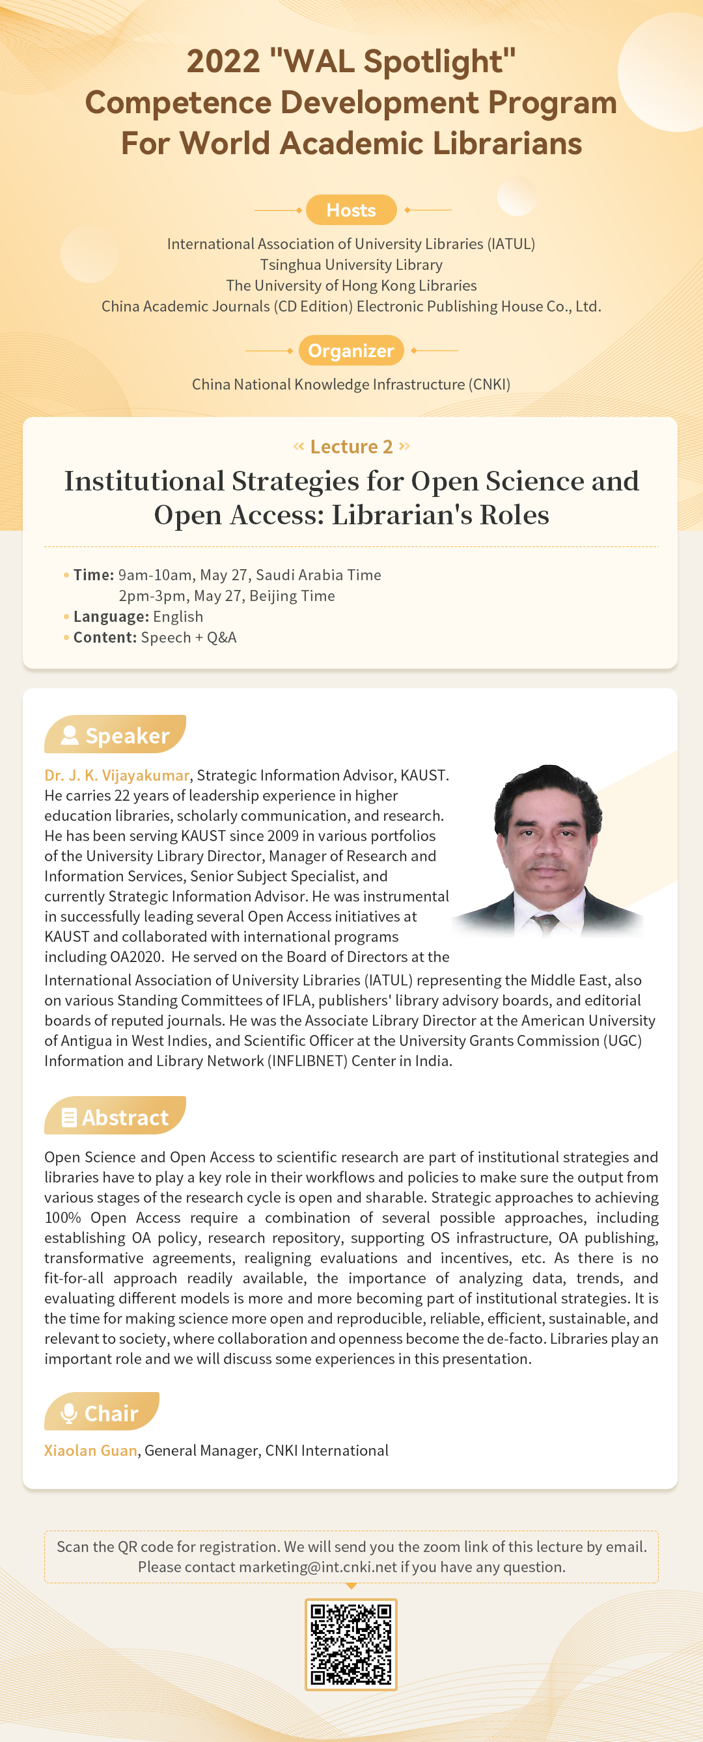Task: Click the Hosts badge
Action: [x=350, y=210]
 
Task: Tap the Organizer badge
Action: [x=350, y=351]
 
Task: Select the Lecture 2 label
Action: [x=351, y=447]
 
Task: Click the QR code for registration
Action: [x=350, y=1643]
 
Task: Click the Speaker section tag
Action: [x=115, y=735]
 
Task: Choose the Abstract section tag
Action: [x=115, y=1117]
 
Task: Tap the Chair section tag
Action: [x=102, y=1413]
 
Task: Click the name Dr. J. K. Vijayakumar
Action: [x=117, y=775]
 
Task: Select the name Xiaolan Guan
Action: [x=90, y=1451]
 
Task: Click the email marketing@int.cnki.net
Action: [x=318, y=1568]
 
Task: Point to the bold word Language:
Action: [x=111, y=617]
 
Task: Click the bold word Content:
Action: [x=105, y=637]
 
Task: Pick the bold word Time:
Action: [x=93, y=576]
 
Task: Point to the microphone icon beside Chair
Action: [x=69, y=1413]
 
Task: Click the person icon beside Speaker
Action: [x=70, y=735]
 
